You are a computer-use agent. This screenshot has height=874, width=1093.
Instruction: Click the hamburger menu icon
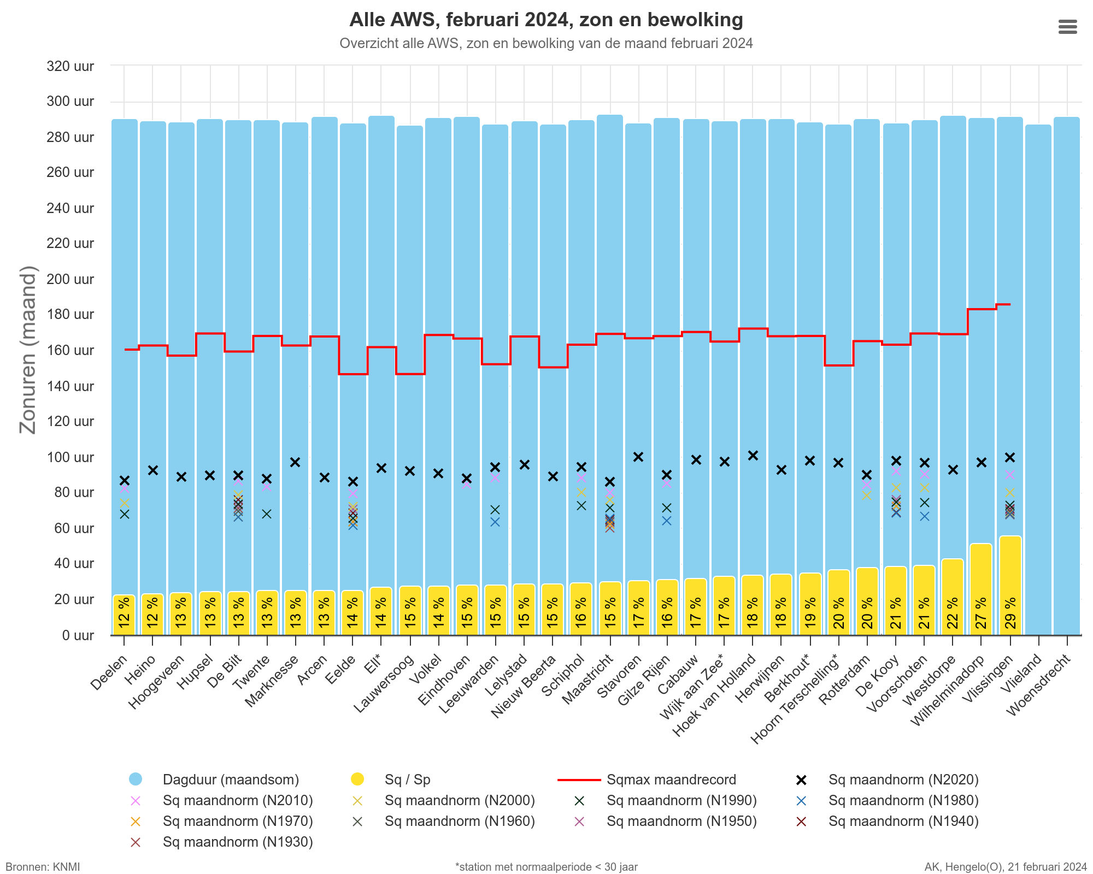click(x=1067, y=27)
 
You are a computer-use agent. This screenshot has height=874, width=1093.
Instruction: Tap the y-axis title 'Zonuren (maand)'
click(x=27, y=350)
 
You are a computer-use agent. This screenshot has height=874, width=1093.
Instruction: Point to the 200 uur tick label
click(x=70, y=279)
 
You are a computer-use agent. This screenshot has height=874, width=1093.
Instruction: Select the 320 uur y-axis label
click(x=70, y=66)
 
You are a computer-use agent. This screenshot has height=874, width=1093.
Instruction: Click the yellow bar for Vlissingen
click(x=1010, y=585)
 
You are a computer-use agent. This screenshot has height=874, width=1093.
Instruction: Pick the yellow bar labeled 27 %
click(x=982, y=589)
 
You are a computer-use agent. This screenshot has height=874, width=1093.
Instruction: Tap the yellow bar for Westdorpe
click(x=953, y=597)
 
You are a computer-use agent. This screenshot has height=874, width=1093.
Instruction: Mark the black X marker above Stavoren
click(x=638, y=457)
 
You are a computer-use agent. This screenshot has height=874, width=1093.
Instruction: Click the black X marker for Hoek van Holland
click(x=753, y=455)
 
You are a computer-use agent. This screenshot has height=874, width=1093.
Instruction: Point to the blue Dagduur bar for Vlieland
click(x=1038, y=380)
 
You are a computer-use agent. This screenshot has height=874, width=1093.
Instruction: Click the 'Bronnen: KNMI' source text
click(x=43, y=867)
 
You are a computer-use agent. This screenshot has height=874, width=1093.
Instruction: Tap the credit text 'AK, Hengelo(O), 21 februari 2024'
click(x=1006, y=867)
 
